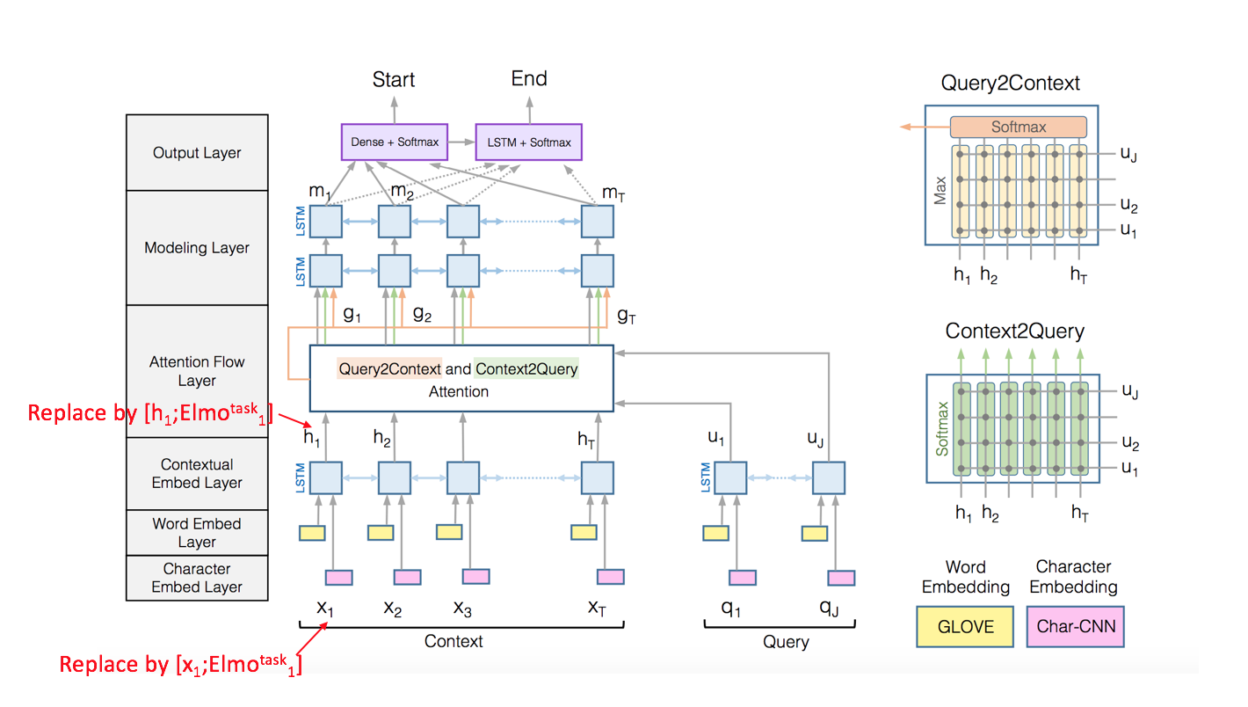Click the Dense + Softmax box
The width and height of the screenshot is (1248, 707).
coord(394,142)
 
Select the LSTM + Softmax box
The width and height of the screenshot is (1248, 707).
coord(528,142)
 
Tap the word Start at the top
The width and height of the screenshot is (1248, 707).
coord(394,80)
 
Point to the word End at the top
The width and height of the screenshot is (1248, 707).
coord(529,79)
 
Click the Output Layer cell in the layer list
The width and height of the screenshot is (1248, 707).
coord(197,153)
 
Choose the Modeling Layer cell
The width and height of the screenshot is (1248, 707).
coord(197,248)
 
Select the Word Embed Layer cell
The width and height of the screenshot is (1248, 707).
coord(197,533)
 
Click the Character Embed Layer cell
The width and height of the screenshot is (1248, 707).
coord(197,578)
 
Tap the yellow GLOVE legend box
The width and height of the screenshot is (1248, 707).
coord(966,627)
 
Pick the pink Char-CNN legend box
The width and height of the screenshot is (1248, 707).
coord(1075,627)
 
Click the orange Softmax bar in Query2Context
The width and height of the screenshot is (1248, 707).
coord(1019,127)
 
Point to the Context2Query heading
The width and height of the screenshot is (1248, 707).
coord(1014,332)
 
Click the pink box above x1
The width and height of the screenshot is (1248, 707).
coord(338,577)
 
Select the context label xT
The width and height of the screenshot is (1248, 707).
coord(597,607)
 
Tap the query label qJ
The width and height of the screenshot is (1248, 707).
coord(828,609)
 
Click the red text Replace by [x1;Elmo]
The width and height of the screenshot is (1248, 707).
coord(180,663)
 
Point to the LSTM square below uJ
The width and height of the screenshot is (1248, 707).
coord(828,478)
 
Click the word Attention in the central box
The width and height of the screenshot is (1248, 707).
coord(459,391)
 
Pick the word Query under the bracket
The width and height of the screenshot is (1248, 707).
coord(786,642)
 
